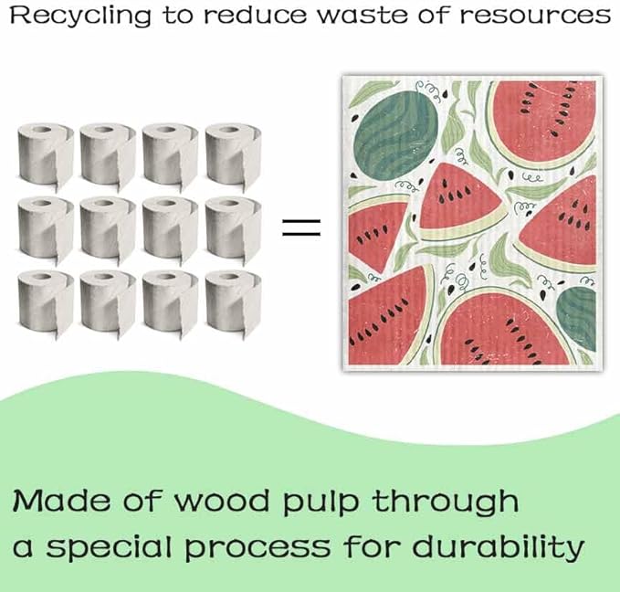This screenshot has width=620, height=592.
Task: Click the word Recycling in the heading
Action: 80,16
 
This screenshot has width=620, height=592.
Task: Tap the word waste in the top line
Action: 363,15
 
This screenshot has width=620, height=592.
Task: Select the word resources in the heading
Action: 535,15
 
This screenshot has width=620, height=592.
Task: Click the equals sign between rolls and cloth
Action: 301,227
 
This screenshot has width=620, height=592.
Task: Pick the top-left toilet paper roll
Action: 46,155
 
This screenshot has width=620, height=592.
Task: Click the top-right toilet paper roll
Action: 233,155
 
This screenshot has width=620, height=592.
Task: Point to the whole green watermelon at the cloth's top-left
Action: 395,134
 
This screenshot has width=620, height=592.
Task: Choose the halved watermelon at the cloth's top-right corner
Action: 541,122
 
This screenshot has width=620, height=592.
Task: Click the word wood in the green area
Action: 221,501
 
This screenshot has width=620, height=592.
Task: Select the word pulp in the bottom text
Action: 321,502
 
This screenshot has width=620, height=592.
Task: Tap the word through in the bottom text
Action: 446,502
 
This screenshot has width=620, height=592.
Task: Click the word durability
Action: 499,548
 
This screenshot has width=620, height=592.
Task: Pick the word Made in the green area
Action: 62,501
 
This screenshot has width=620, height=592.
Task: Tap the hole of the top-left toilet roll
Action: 41,130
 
